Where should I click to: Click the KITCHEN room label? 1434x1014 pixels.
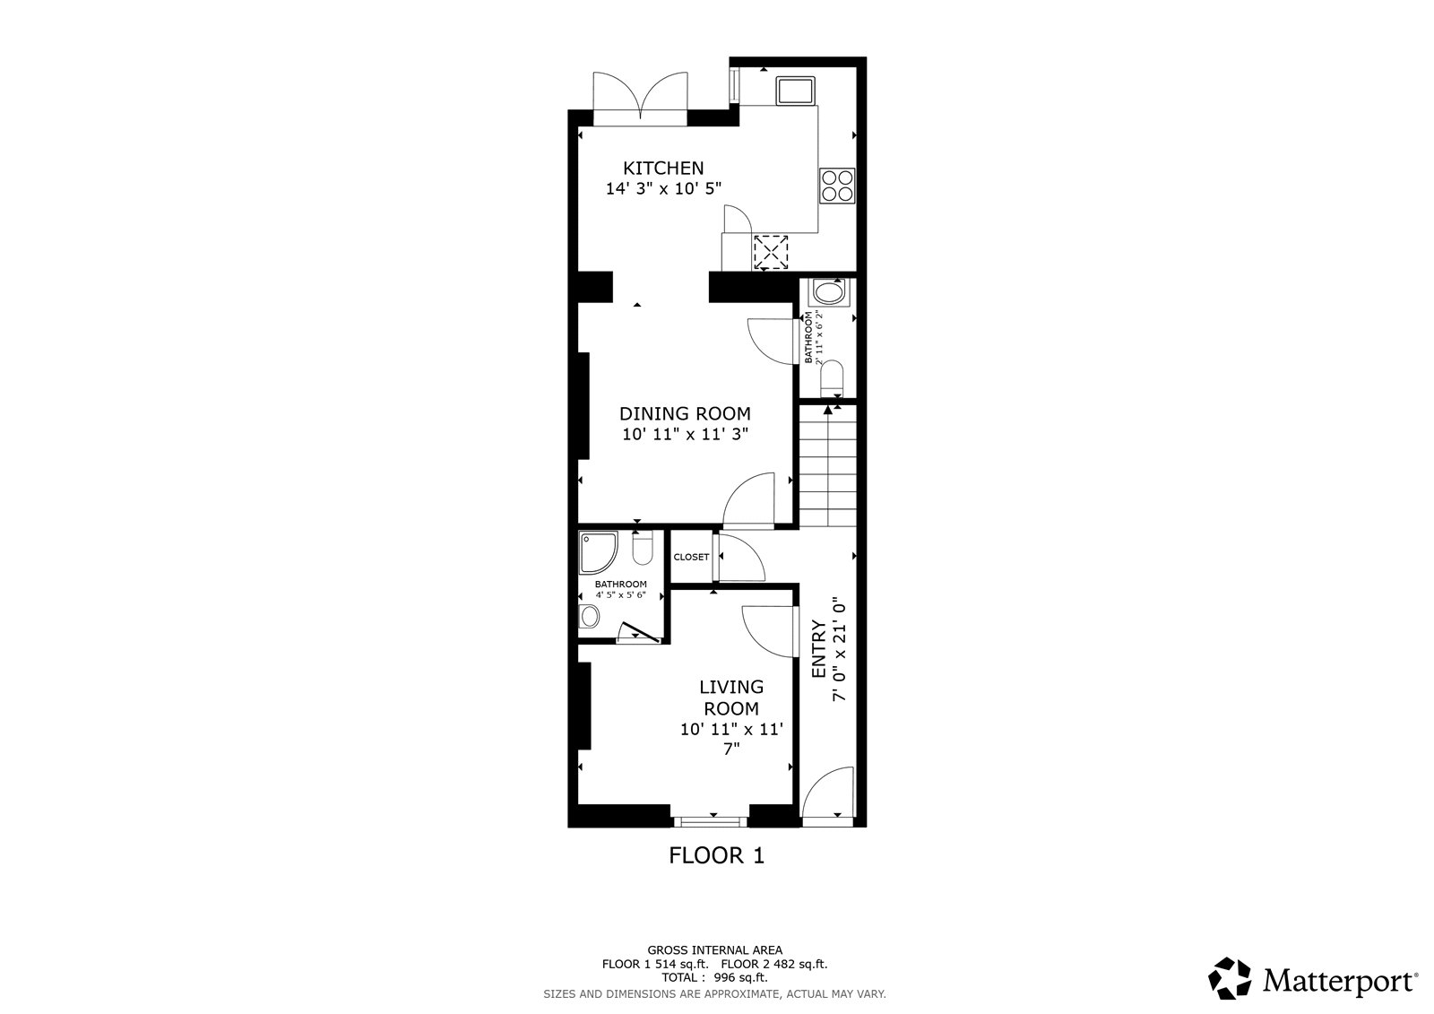663,168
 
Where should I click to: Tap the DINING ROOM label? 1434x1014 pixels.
685,413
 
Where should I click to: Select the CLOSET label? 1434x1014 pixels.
691,558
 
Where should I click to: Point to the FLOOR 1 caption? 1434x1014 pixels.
716,855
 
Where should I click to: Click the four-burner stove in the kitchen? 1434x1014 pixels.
837,186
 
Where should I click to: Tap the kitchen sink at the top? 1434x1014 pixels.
795,91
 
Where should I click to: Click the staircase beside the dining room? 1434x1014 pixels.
828,465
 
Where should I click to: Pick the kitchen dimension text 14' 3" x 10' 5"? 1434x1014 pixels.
663,188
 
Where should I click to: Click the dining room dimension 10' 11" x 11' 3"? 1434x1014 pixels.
685,434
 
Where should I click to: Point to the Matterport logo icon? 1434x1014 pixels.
1229,979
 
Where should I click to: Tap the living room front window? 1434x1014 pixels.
710,821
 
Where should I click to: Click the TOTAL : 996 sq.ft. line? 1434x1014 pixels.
714,977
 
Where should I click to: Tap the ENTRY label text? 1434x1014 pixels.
818,649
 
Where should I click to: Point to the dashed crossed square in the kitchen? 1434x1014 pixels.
771,252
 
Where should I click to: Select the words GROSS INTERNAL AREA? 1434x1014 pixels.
714,950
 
